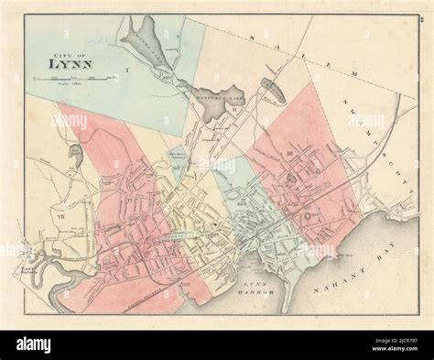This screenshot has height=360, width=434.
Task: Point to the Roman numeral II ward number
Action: tap(234, 109)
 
